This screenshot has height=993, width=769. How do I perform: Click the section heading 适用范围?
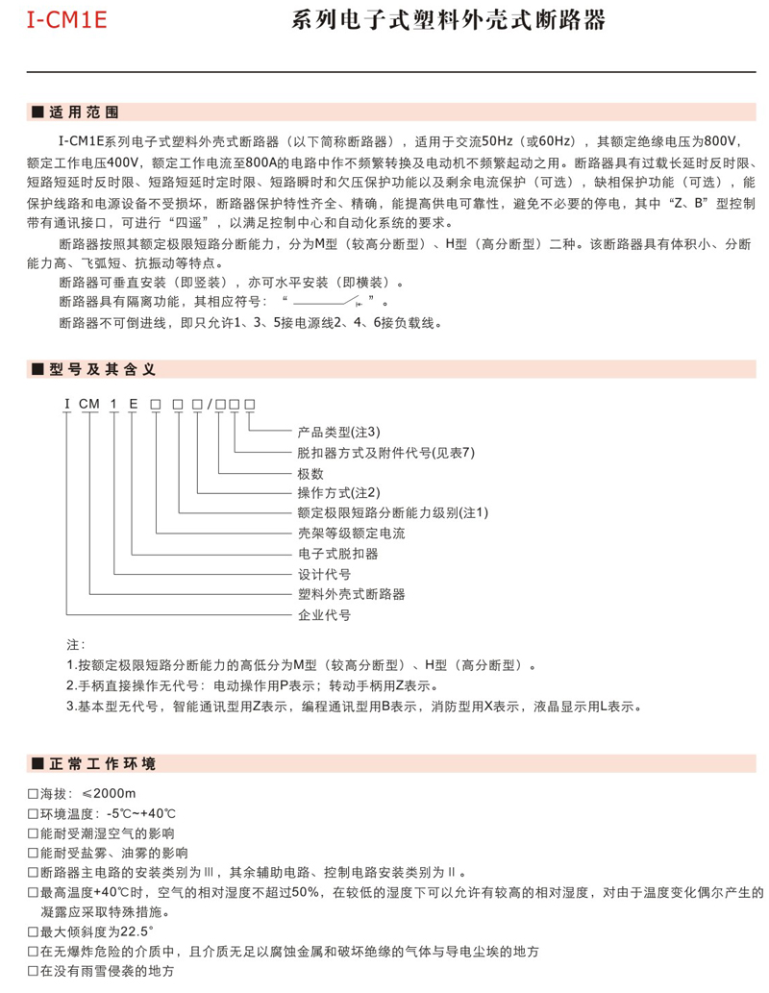coord(84,112)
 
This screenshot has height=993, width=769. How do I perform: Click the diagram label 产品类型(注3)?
coord(339,431)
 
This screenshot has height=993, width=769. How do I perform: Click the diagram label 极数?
coord(310,473)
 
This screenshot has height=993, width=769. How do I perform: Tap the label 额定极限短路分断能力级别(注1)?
coord(393,513)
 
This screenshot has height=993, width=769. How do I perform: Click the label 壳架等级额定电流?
coord(351,533)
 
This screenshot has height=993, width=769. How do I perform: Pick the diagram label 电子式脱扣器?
coord(337,554)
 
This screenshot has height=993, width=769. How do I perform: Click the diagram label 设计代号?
coord(324,574)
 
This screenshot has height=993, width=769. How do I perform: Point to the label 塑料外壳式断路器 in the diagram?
coord(351,594)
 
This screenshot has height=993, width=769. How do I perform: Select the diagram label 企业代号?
coord(324,614)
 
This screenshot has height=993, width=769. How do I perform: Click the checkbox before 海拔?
coord(34,794)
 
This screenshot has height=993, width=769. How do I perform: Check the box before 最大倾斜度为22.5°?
coord(34,932)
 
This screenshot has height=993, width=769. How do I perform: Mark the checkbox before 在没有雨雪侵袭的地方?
coord(34,972)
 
